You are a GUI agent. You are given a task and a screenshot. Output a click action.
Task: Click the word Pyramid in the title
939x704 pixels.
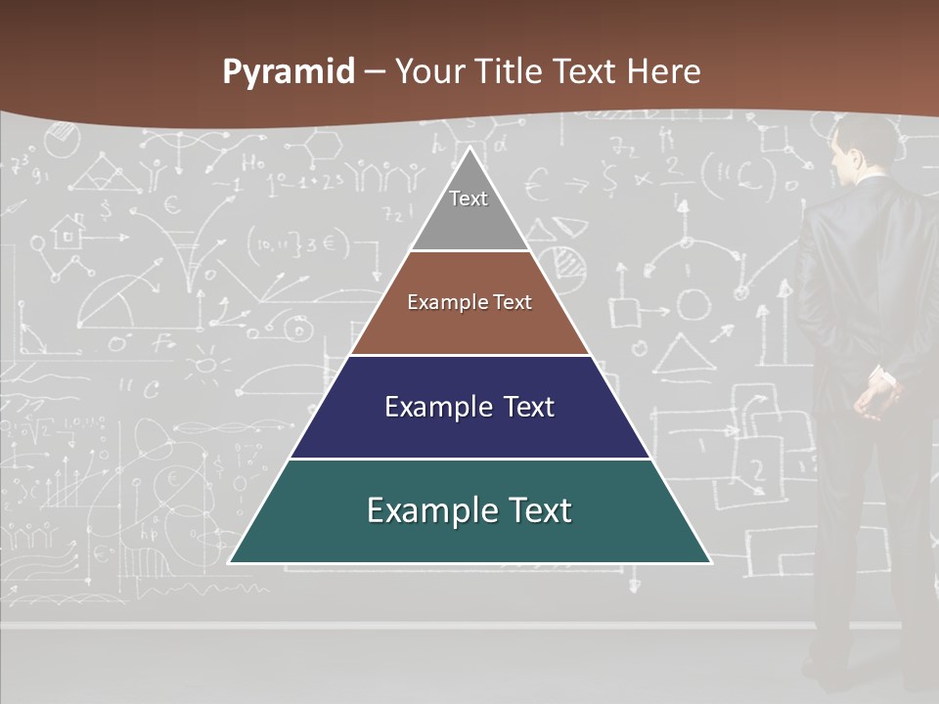[x=288, y=72]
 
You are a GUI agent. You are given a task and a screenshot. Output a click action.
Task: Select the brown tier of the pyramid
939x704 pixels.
[x=469, y=328]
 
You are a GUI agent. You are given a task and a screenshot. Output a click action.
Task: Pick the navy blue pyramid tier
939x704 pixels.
[x=469, y=430]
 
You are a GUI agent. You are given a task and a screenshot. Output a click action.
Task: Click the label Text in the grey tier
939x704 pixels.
[x=469, y=198]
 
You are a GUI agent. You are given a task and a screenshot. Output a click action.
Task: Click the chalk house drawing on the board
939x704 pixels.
[x=68, y=233]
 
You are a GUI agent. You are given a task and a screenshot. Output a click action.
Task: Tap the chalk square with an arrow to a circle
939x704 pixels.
[x=624, y=311]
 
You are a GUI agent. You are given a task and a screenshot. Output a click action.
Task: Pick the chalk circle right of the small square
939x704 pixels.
[x=693, y=305]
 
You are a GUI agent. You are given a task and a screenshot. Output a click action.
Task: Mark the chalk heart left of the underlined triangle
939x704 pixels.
[x=639, y=348]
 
